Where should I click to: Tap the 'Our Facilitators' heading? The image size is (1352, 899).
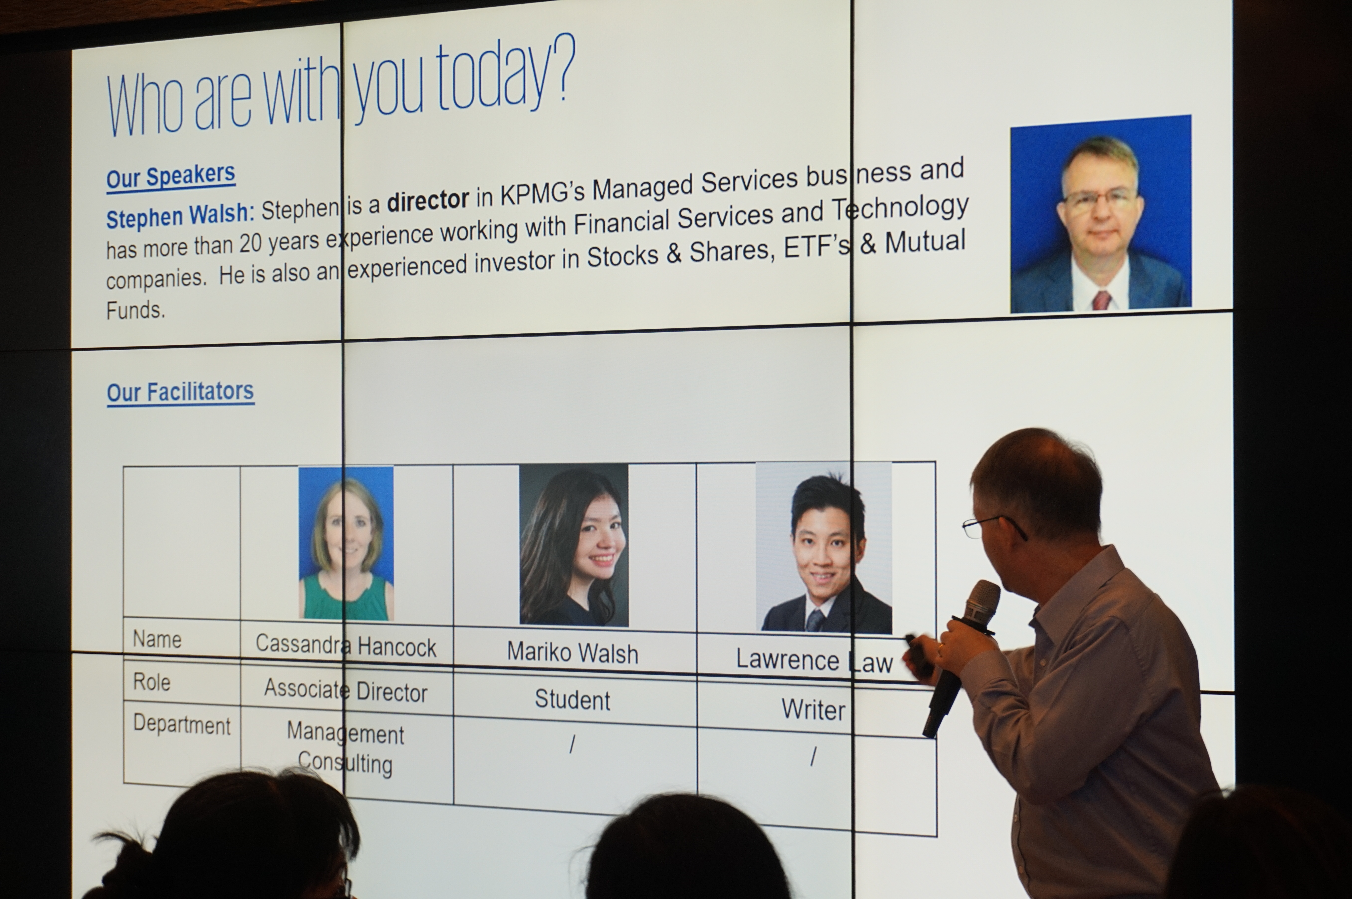click(180, 392)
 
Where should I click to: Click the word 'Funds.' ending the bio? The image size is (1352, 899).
click(136, 310)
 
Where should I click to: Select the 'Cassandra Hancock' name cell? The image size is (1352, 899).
click(346, 646)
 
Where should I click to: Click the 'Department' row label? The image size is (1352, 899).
click(181, 725)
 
